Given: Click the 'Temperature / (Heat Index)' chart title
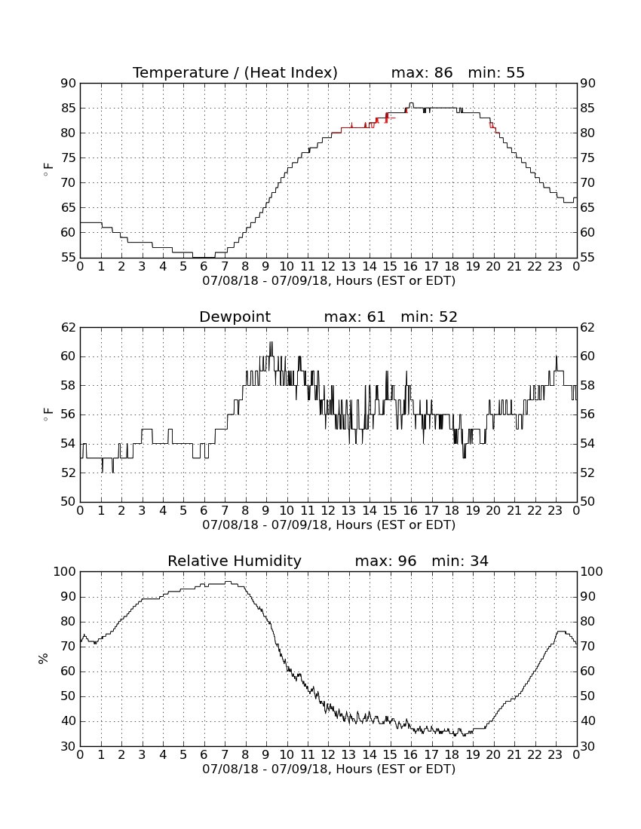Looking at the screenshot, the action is pyautogui.click(x=235, y=72).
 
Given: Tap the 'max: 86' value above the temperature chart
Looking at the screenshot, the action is pyautogui.click(x=422, y=72).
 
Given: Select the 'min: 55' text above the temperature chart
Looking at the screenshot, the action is pyautogui.click(x=496, y=72).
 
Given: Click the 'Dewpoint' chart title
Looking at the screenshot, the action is pyautogui.click(x=235, y=317).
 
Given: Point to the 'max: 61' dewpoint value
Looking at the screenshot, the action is pyautogui.click(x=354, y=317).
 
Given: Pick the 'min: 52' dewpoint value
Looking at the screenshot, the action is pyautogui.click(x=429, y=317).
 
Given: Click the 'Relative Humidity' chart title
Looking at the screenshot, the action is pyautogui.click(x=235, y=561).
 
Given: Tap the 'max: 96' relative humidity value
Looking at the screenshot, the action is pyautogui.click(x=385, y=561).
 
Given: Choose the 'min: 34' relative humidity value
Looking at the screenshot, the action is pyautogui.click(x=460, y=561).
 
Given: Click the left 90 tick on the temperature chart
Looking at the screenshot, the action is pyautogui.click(x=68, y=83).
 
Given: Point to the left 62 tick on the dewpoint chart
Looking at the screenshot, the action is pyautogui.click(x=68, y=327).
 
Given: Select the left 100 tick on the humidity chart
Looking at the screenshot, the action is pyautogui.click(x=65, y=571).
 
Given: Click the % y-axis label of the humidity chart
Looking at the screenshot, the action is pyautogui.click(x=44, y=659).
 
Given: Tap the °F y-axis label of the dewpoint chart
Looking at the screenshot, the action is pyautogui.click(x=48, y=414).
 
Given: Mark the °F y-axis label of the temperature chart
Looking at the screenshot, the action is pyautogui.click(x=48, y=170).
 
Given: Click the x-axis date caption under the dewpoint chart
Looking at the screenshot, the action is pyautogui.click(x=329, y=525).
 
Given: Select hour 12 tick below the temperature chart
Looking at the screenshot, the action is pyautogui.click(x=328, y=267).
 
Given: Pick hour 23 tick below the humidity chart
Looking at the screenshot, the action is pyautogui.click(x=555, y=755).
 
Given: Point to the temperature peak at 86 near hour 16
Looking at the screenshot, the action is pyautogui.click(x=411, y=103).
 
